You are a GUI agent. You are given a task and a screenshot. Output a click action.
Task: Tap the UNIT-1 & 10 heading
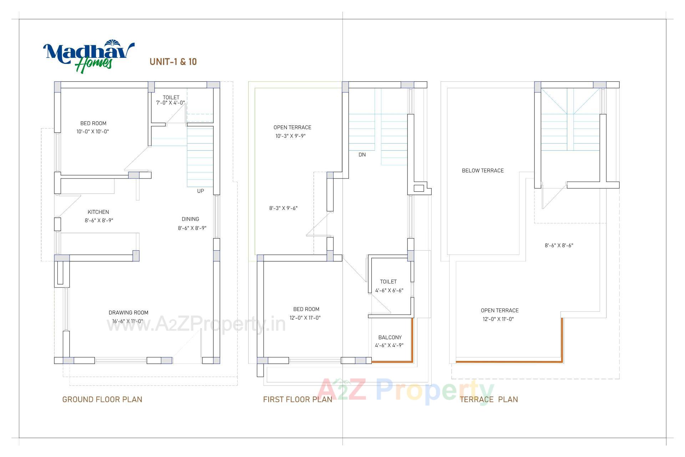(x=173, y=62)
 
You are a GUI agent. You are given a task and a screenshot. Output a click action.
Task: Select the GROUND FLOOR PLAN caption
(x=102, y=400)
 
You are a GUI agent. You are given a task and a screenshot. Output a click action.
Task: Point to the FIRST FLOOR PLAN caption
(x=298, y=400)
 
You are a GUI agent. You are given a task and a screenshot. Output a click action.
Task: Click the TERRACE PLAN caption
(x=489, y=400)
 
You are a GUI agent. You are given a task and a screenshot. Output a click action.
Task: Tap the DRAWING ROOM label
(x=128, y=313)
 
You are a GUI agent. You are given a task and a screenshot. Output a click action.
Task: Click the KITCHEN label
(x=98, y=212)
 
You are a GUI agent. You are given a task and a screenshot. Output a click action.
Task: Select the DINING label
(x=190, y=219)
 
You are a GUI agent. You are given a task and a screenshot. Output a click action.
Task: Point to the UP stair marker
(x=201, y=191)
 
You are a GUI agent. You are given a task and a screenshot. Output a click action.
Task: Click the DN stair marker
(x=362, y=155)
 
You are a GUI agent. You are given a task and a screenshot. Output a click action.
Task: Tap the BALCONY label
(x=390, y=337)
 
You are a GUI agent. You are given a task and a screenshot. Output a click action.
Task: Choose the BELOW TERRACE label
(x=483, y=171)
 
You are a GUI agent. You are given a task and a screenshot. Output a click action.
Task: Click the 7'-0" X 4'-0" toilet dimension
(x=171, y=103)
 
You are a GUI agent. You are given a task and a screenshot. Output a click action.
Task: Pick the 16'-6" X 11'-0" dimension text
(x=128, y=321)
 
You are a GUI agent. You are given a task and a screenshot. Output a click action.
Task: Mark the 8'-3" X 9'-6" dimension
(x=283, y=208)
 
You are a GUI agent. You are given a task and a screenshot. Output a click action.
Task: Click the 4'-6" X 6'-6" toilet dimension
(x=389, y=291)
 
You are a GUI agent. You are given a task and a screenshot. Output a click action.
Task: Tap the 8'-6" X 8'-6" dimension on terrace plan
(x=559, y=246)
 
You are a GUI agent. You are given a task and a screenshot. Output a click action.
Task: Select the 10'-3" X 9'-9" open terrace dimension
(x=290, y=136)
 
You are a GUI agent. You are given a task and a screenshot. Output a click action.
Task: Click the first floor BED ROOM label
(x=306, y=309)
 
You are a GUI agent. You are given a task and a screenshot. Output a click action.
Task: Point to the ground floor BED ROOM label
(x=93, y=124)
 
